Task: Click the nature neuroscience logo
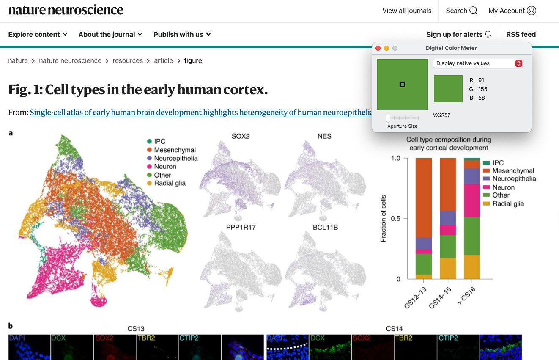pyautogui.click(x=66, y=10)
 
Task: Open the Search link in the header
pyautogui.click(x=461, y=11)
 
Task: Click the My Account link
pyautogui.click(x=512, y=11)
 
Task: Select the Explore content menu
pyautogui.click(x=38, y=34)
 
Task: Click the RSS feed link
pyautogui.click(x=521, y=34)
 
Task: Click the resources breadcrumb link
pyautogui.click(x=128, y=60)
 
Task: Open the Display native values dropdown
pyautogui.click(x=478, y=63)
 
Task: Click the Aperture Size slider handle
pyautogui.click(x=388, y=118)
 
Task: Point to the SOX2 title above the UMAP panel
pyautogui.click(x=240, y=136)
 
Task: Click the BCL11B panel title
pyautogui.click(x=325, y=227)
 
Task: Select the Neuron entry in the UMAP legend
pyautogui.click(x=165, y=167)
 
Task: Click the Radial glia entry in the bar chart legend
pyautogui.click(x=508, y=203)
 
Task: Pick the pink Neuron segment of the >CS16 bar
pyautogui.click(x=472, y=201)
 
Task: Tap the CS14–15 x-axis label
pyautogui.click(x=440, y=298)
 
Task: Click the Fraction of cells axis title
pyautogui.click(x=383, y=218)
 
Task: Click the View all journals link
pyautogui.click(x=407, y=11)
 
